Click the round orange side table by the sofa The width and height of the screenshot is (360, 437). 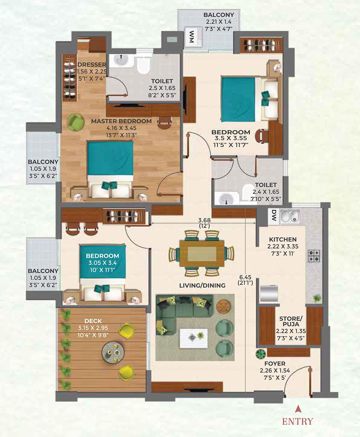click(223, 306)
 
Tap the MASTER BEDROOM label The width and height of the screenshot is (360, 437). click(121, 121)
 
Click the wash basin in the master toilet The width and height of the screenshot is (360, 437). click(121, 61)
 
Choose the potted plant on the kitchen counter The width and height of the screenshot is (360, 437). click(316, 298)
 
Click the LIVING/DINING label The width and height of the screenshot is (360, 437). click(202, 285)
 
